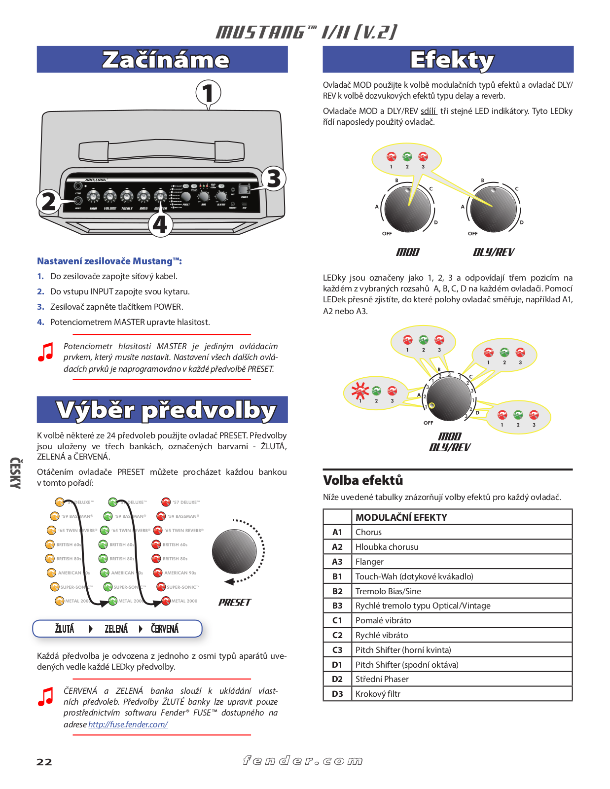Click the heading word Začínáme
point(166,60)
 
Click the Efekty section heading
point(452,60)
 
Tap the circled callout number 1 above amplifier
point(208,93)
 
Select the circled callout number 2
point(48,201)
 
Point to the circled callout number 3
point(274,179)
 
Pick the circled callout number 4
point(160,225)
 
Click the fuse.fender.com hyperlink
point(128,724)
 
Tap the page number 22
point(44,762)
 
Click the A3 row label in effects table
point(337,562)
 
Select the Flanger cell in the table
point(369,562)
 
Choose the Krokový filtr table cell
point(378,694)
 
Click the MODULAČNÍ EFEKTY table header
point(401,517)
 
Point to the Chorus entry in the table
point(368,532)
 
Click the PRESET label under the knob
point(235,602)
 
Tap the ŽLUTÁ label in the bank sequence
point(65,629)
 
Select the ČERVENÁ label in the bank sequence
point(165,629)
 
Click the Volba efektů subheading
point(363,480)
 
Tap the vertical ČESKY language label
point(15,473)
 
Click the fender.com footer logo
point(303,761)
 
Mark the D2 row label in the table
point(337,679)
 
